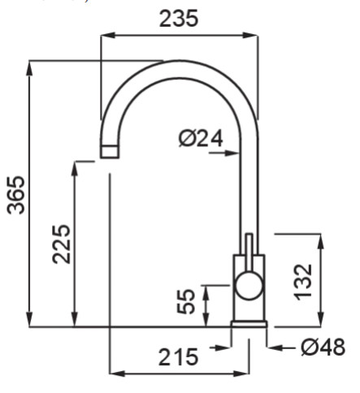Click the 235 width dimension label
click(179, 19)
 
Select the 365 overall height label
click(15, 195)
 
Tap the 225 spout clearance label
click(61, 244)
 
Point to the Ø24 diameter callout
click(201, 139)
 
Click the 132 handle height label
click(303, 282)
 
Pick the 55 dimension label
click(186, 301)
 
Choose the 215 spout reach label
click(178, 357)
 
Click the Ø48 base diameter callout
click(323, 347)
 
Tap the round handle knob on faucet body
click(249, 286)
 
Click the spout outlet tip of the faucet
click(110, 151)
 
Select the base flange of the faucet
click(249, 324)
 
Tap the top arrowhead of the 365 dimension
click(29, 69)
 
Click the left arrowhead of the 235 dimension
click(108, 36)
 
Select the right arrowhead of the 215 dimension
click(241, 374)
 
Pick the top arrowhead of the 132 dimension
click(321, 242)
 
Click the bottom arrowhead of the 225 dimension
click(75, 319)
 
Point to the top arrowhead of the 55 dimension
click(206, 292)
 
